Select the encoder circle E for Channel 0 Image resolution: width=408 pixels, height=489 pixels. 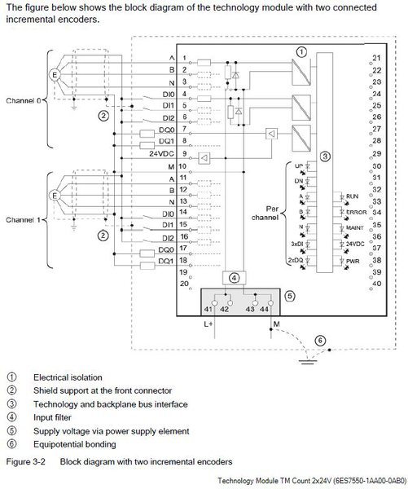(x=55, y=74)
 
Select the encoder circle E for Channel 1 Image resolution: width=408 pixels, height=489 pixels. (x=55, y=196)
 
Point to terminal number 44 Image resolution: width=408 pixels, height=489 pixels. (x=264, y=310)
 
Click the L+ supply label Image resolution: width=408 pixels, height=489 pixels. (x=208, y=324)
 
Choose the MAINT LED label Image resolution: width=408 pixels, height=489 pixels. (x=355, y=228)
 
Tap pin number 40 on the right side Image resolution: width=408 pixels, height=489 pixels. (x=375, y=283)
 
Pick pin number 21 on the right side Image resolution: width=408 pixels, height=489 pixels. (x=375, y=59)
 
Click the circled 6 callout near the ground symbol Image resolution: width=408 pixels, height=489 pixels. (x=321, y=340)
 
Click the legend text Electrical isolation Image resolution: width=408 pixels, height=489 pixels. (x=67, y=377)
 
